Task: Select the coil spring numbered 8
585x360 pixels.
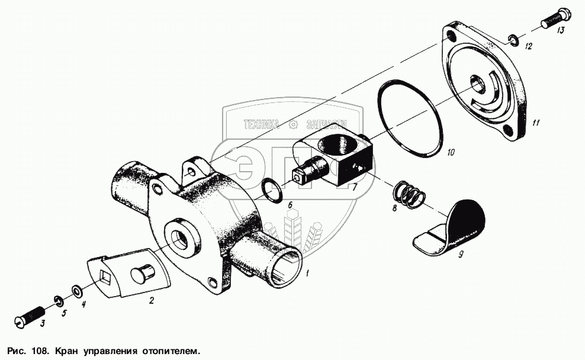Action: point(409,194)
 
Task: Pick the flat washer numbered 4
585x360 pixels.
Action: point(78,290)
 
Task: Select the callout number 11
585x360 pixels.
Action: point(536,123)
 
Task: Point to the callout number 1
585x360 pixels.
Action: point(307,274)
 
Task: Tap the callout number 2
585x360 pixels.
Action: point(152,300)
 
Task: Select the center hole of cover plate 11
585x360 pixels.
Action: point(478,83)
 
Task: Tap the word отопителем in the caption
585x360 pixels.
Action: point(170,352)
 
